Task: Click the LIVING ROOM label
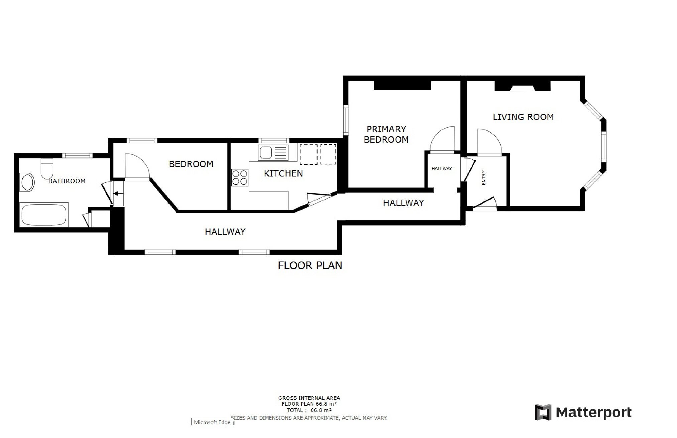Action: (523, 117)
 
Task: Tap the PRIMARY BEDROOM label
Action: (386, 134)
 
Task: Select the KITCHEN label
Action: (283, 173)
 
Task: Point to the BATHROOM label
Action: (67, 181)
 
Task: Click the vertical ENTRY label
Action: (483, 178)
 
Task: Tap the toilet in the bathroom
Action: (47, 168)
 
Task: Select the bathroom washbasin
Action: (27, 182)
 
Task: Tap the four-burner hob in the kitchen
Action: (240, 177)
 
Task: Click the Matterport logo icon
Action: (543, 412)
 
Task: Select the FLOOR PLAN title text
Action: (310, 266)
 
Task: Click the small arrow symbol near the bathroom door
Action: (118, 193)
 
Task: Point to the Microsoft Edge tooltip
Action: (212, 422)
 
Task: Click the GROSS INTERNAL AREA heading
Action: (309, 398)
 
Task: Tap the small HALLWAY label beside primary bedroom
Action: (442, 169)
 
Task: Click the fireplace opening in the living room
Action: (522, 88)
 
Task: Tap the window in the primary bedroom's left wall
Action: (346, 120)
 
